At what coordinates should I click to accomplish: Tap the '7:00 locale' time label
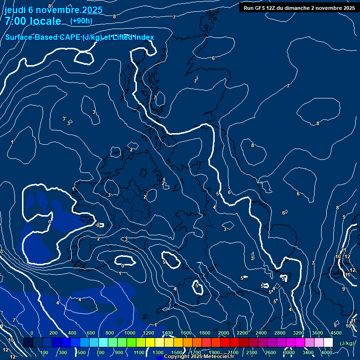[33, 21]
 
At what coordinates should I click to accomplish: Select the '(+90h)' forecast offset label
[81, 21]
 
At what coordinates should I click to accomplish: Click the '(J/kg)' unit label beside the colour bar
[347, 343]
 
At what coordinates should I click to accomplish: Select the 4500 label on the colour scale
[336, 333]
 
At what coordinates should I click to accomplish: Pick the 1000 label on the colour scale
[130, 333]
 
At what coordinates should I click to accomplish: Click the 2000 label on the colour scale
[224, 333]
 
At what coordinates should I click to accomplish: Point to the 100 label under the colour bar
[45, 352]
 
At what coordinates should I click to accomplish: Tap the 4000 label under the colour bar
[327, 352]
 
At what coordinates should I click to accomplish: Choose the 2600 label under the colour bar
[270, 352]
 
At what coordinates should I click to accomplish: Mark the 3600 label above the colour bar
[317, 333]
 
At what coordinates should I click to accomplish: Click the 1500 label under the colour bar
[177, 352]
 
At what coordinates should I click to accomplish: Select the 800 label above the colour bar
[109, 333]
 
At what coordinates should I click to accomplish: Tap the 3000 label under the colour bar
[289, 352]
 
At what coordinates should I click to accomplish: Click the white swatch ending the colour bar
[328, 343]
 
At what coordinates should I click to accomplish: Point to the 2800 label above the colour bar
[280, 333]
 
